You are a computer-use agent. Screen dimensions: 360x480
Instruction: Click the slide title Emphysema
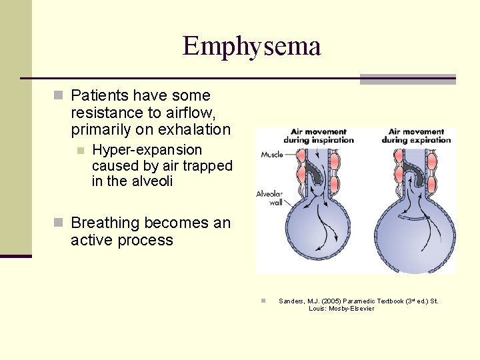251,46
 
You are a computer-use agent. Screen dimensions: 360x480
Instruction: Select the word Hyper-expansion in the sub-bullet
147,150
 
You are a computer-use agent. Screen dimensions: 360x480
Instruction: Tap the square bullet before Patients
59,96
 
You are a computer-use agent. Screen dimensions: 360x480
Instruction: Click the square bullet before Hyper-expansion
81,151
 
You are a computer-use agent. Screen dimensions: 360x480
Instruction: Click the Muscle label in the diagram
271,155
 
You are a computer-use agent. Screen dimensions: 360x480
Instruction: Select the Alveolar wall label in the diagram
270,199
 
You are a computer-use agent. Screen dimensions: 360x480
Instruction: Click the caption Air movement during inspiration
319,136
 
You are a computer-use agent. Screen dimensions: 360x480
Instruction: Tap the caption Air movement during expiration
416,136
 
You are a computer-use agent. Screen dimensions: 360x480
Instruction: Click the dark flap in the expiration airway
417,175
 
